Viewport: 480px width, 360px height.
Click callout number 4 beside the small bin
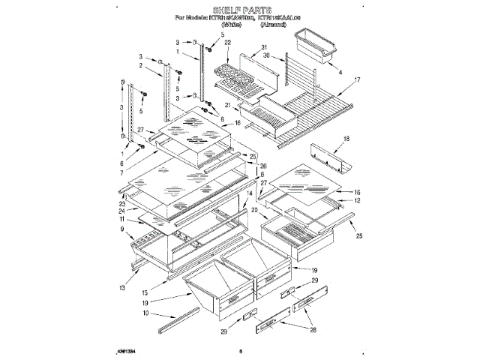tap(340, 73)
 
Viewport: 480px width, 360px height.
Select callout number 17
tap(357, 79)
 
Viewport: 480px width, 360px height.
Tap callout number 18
tap(346, 139)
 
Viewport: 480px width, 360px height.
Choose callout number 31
tap(264, 49)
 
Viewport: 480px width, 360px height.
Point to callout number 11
tap(122, 219)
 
